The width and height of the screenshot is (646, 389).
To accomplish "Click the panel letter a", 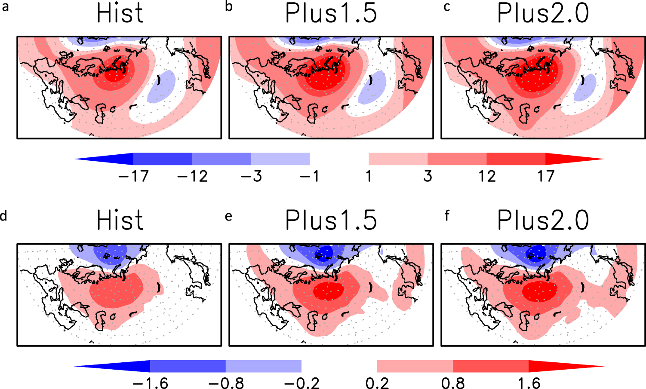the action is point(5,7).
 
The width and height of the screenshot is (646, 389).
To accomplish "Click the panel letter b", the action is point(228,7).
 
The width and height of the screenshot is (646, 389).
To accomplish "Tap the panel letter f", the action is point(447,215).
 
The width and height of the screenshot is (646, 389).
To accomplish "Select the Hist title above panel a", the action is point(120,13).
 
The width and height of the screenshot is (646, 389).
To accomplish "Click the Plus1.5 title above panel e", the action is point(331,221).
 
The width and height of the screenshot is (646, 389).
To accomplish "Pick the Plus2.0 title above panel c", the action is point(543,13).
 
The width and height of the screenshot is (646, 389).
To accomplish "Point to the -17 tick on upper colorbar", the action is point(133,176).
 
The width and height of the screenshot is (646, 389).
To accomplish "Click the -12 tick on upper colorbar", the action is point(192,176).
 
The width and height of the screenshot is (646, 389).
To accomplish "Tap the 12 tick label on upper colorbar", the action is point(487,176).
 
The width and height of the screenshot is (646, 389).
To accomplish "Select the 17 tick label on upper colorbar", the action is point(545,176).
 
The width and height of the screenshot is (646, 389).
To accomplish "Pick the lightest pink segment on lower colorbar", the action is point(415,366).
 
